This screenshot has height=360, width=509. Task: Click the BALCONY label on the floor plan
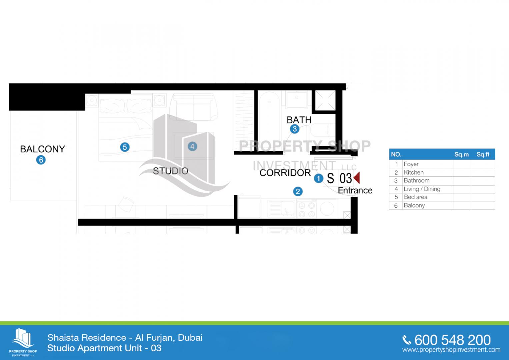pos(42,149)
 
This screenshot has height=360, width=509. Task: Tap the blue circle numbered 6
pos(41,160)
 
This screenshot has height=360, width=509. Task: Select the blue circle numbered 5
pos(125,147)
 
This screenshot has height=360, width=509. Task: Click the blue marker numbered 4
pos(192,146)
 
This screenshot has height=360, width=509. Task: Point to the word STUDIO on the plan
pos(171,171)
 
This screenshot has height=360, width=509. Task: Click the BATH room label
pos(299,120)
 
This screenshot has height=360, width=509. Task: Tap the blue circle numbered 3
pos(294,129)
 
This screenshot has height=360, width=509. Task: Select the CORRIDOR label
pos(285,173)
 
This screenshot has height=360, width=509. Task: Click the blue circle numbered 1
pos(318,179)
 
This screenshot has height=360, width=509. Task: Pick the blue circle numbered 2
pos(298,191)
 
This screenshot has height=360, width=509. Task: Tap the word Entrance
pos(355,190)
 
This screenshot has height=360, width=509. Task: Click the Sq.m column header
pos(461,154)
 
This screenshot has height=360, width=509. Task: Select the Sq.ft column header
pos(483,154)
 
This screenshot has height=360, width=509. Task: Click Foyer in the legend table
pos(411,164)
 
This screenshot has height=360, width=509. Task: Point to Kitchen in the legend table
pos(414,172)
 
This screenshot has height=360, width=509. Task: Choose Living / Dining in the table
pos(422,189)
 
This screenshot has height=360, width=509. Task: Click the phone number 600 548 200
pos(452,340)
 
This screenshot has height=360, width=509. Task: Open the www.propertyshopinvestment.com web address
pos(451,350)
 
